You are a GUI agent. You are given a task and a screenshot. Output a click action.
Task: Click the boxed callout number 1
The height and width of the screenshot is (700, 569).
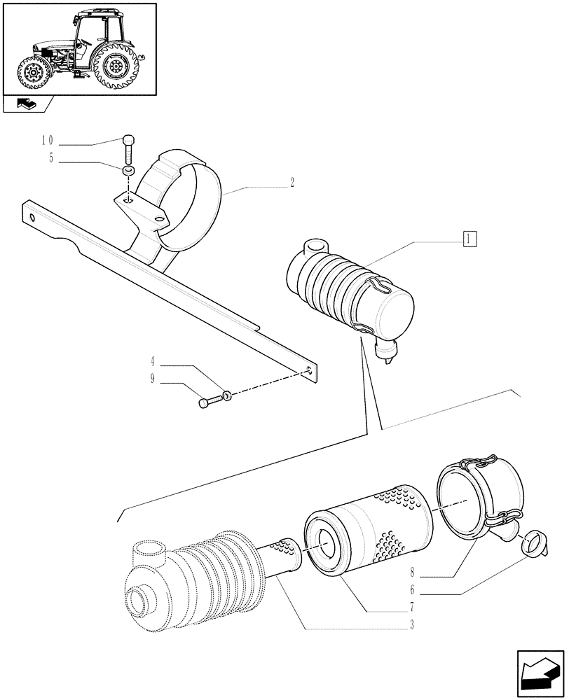tap(469, 239)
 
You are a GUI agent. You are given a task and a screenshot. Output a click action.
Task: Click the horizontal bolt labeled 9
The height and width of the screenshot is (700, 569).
tap(210, 402)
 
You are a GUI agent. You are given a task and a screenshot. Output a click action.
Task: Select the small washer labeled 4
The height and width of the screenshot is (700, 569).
tap(228, 397)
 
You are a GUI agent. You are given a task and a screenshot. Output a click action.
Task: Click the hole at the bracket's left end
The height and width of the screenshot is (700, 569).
tap(32, 216)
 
